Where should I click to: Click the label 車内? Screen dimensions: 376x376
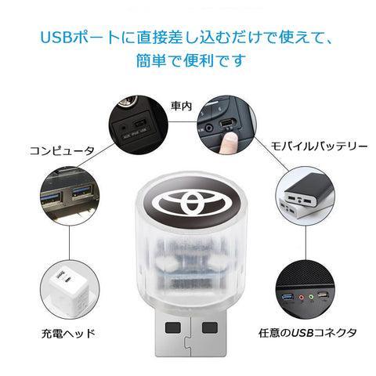click(x=182, y=106)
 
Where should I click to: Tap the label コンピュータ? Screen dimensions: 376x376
click(x=62, y=151)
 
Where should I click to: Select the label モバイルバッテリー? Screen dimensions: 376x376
click(x=319, y=146)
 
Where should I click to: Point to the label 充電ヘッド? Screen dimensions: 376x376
click(x=68, y=334)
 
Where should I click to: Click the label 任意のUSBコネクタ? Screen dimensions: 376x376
click(x=308, y=333)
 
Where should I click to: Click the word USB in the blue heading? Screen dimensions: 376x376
click(x=56, y=38)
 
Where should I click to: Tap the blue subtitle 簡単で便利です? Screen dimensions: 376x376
click(x=191, y=60)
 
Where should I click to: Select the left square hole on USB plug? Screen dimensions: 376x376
click(x=173, y=327)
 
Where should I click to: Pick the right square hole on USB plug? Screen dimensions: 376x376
click(x=210, y=327)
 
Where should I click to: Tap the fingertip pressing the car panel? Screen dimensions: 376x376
click(x=229, y=139)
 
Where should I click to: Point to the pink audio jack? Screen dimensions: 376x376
click(x=302, y=298)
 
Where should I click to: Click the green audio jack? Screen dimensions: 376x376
click(x=311, y=297)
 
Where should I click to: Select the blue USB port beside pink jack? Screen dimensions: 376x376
click(x=287, y=297)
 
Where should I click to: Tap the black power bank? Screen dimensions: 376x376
click(x=307, y=192)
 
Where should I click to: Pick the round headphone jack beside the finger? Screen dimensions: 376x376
click(x=209, y=128)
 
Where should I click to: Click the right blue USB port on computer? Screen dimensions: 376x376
click(x=83, y=191)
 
